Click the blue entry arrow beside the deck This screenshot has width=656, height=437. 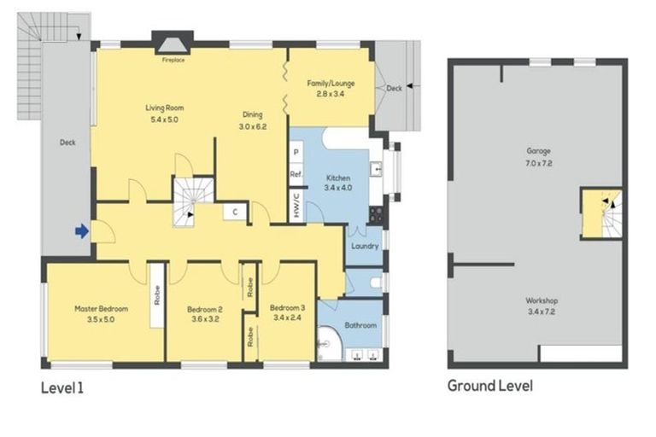coord(82,230)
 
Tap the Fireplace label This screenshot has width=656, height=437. coord(173,61)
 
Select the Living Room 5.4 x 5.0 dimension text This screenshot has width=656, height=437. coord(164,119)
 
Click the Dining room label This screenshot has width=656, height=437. coord(253,114)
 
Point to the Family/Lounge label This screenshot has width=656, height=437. coord(331,84)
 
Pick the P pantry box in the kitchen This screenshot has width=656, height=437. coord(296,152)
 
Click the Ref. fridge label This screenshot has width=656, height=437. coord(296,174)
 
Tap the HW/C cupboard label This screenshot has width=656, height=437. coord(296,206)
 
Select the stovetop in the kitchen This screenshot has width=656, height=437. coord(375,214)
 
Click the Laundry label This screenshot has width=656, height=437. coord(365,246)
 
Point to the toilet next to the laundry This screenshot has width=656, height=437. coord(376,283)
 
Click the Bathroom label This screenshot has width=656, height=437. coord(360,325)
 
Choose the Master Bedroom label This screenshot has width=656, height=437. coord(102,309)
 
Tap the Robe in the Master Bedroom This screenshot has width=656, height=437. coord(157,295)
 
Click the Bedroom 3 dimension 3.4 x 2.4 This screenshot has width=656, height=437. coord(287,318)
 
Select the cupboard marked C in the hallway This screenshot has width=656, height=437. coord(235,212)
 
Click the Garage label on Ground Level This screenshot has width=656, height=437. coord(538,151)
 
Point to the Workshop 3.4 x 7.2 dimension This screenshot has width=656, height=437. coord(542,312)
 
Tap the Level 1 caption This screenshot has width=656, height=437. coord(62,388)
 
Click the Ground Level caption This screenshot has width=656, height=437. coord(490,386)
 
